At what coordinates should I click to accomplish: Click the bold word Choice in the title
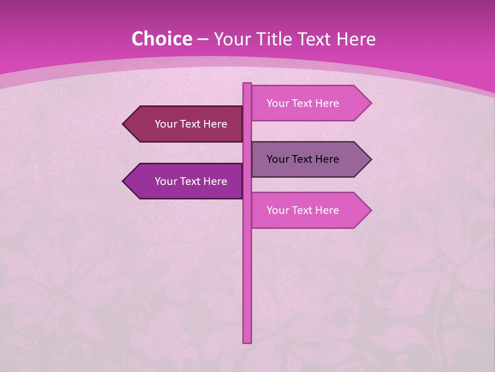161,39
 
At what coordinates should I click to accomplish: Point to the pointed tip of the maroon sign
124,124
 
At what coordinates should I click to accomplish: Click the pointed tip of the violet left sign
124,181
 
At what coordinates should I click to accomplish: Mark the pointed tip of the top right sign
370,103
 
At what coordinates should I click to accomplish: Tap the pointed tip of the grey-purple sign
370,159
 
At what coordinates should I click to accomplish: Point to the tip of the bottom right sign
370,210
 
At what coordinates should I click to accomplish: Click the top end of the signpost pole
247,84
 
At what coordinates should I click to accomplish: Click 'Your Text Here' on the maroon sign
191,124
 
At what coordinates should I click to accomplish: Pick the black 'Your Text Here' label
303,159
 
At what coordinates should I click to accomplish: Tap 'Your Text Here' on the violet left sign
191,181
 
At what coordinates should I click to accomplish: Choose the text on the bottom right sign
303,210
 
